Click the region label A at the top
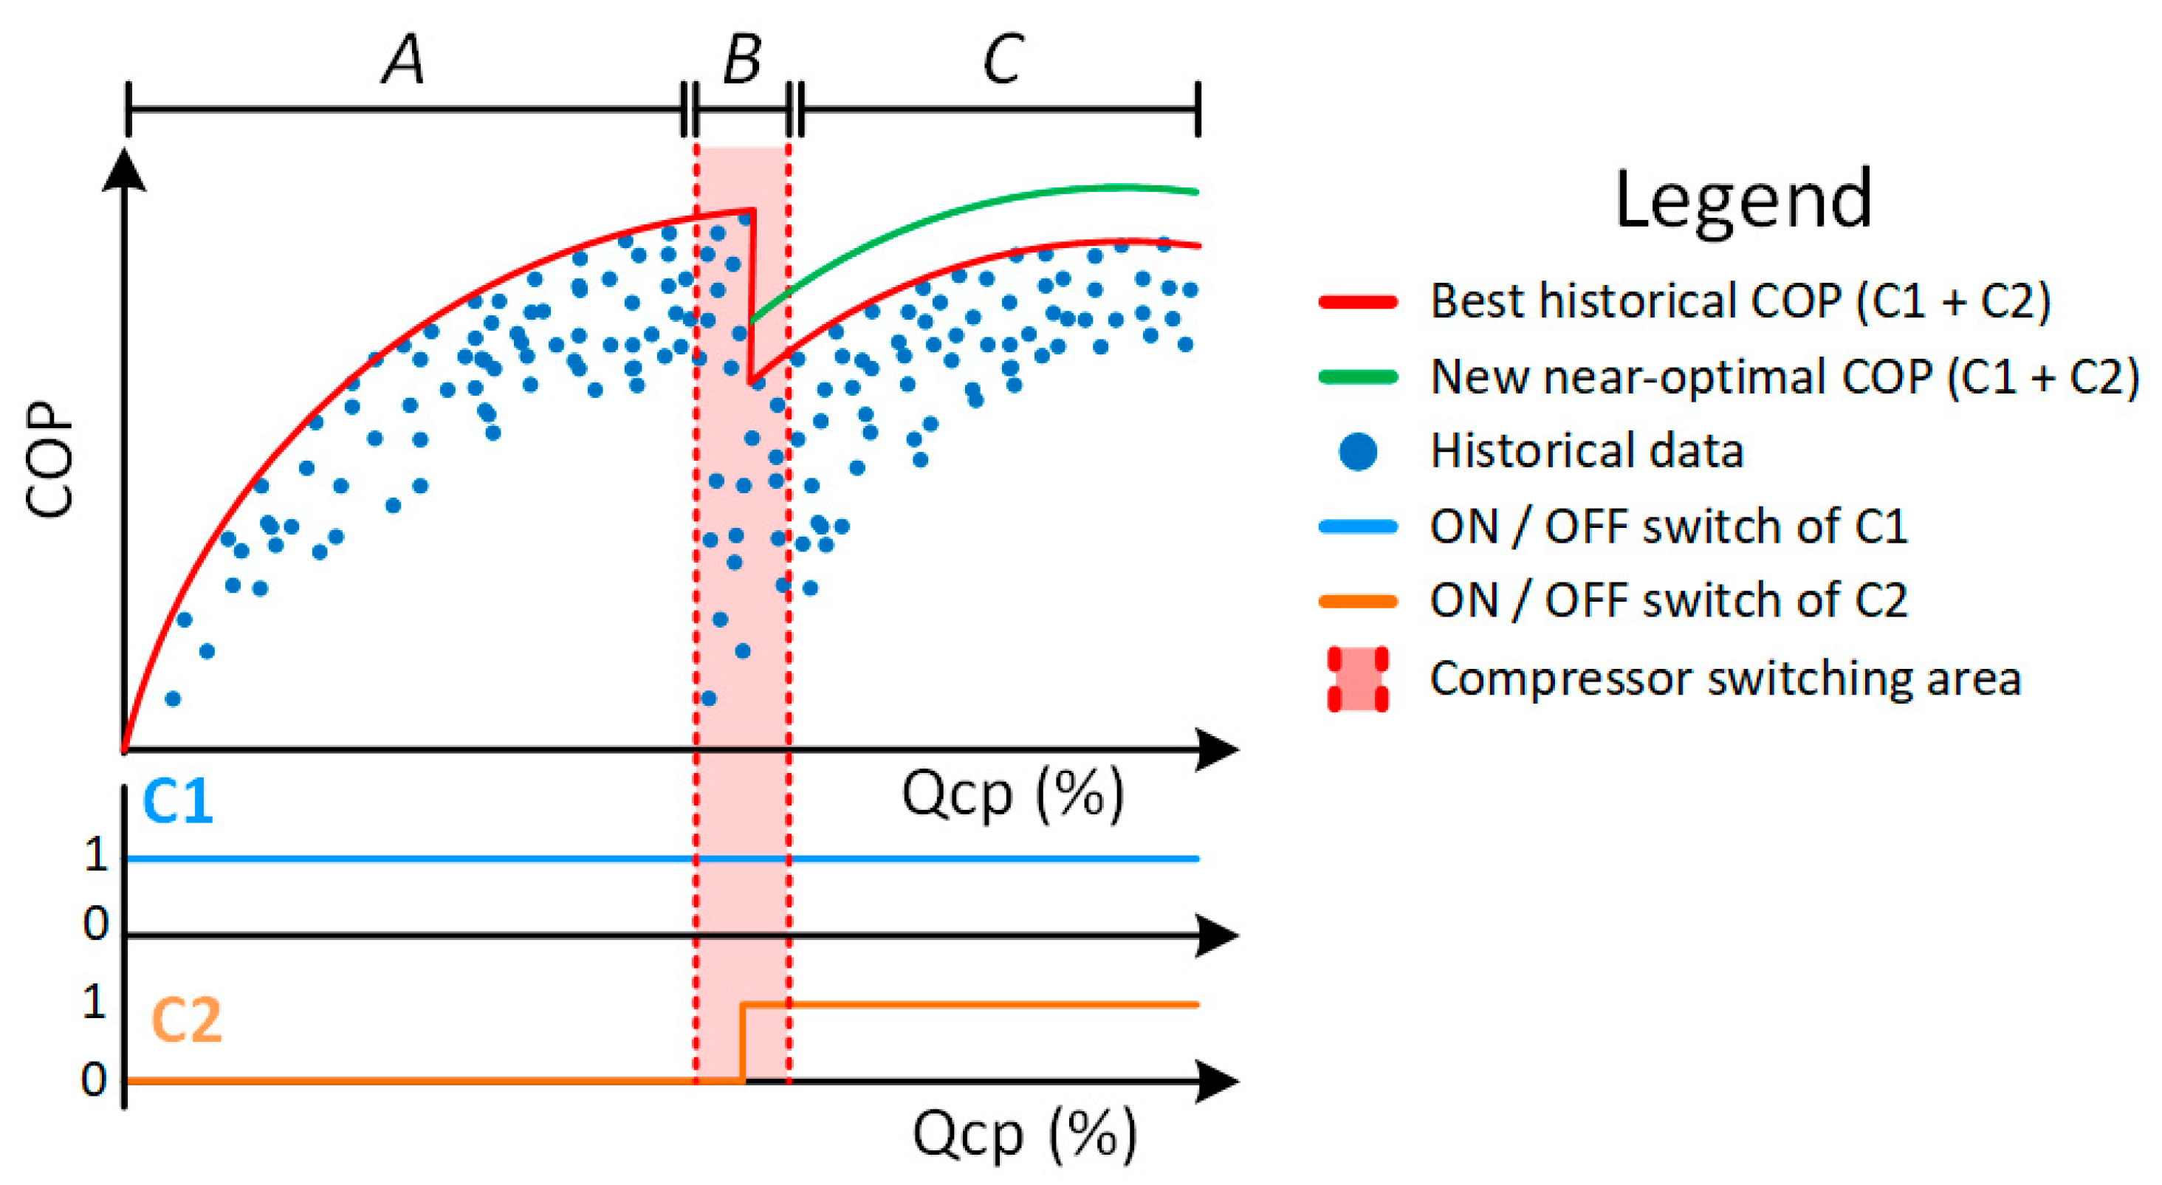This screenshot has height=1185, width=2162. point(404,61)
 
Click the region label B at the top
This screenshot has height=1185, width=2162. point(742,61)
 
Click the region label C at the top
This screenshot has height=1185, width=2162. point(1003,61)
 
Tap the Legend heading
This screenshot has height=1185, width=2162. point(1743,202)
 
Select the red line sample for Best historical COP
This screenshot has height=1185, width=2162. point(1358,302)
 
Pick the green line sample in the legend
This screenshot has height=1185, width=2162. point(1358,377)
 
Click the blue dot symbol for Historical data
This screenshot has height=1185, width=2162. point(1358,452)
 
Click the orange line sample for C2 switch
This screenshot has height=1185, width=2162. point(1358,601)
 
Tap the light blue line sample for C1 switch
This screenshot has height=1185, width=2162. point(1358,527)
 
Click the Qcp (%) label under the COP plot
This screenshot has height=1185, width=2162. point(1012,794)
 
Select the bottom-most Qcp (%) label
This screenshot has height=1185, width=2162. point(1024,1135)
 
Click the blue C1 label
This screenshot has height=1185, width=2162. point(178,802)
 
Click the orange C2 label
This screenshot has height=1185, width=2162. point(186,1020)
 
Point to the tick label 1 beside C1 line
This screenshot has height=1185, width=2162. point(97,855)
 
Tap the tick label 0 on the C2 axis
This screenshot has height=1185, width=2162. point(94,1079)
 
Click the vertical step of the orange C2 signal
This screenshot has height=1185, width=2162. point(743,1043)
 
